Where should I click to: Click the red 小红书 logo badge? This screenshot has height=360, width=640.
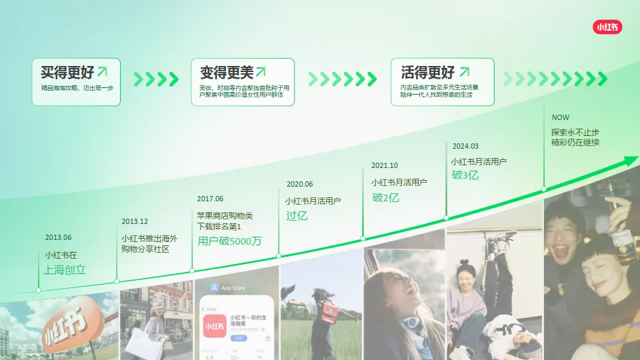607,27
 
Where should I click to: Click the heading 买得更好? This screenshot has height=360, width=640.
65,72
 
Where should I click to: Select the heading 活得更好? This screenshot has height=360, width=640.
428,72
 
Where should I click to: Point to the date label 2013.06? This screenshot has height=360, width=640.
59,237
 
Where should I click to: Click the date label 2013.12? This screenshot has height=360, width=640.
135,221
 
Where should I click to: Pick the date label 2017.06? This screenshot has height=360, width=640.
210,199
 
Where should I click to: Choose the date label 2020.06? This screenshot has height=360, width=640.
299,184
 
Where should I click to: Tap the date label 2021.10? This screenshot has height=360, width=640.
385,165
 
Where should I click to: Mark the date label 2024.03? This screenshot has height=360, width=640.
465,146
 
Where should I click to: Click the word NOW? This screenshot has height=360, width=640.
560,117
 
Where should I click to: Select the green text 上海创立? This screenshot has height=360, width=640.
65,270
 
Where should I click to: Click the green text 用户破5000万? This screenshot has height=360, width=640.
229,241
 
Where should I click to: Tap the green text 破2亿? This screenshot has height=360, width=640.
385,197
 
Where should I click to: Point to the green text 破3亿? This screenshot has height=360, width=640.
465,175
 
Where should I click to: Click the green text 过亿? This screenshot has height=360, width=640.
297,215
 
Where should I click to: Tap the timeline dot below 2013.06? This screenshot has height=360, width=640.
38,290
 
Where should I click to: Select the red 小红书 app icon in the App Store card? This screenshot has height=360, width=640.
215,326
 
